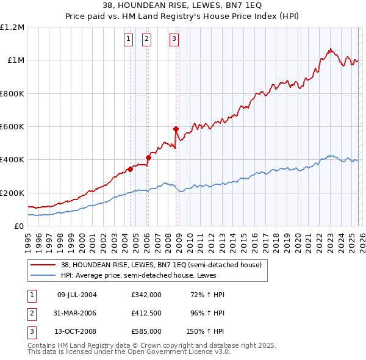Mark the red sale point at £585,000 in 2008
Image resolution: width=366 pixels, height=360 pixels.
[176, 129]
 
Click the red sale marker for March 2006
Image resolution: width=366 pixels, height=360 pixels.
[148, 157]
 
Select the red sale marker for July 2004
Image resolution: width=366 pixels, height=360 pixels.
[130, 169]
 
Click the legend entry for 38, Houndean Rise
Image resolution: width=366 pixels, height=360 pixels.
[161, 265]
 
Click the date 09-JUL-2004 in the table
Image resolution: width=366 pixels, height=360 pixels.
[77, 295]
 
